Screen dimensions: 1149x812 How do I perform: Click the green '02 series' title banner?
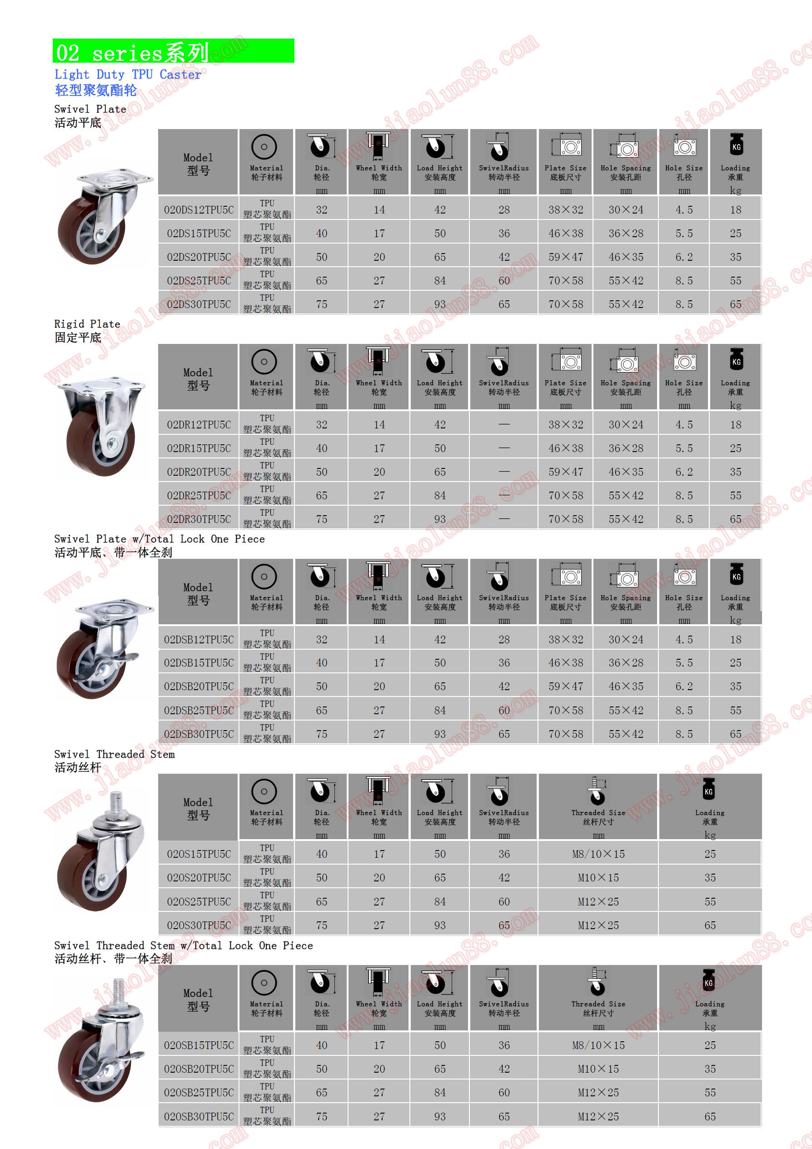pyautogui.click(x=173, y=51)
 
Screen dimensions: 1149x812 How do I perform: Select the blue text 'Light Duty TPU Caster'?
pyautogui.click(x=128, y=75)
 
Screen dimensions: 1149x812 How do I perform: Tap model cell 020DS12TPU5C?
pyautogui.click(x=199, y=210)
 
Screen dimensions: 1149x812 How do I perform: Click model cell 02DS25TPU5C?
pyautogui.click(x=199, y=281)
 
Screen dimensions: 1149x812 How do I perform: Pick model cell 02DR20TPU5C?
pyautogui.click(x=199, y=472)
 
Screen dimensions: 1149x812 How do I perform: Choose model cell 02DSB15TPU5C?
pyautogui.click(x=199, y=662)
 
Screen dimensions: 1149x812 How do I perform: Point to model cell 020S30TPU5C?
pyautogui.click(x=199, y=925)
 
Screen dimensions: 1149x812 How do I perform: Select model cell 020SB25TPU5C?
pyautogui.click(x=199, y=1093)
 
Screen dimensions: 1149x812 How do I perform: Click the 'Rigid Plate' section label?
pyautogui.click(x=87, y=324)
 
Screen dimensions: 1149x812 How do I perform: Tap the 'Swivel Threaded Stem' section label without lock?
pyautogui.click(x=114, y=754)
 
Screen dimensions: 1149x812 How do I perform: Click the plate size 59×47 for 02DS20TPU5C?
pyautogui.click(x=566, y=257)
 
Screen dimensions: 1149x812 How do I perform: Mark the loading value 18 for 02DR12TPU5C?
pyautogui.click(x=735, y=425)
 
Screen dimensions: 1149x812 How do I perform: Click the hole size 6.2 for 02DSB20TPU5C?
pyautogui.click(x=684, y=686)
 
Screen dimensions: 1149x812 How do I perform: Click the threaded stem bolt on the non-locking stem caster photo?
pyautogui.click(x=116, y=801)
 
